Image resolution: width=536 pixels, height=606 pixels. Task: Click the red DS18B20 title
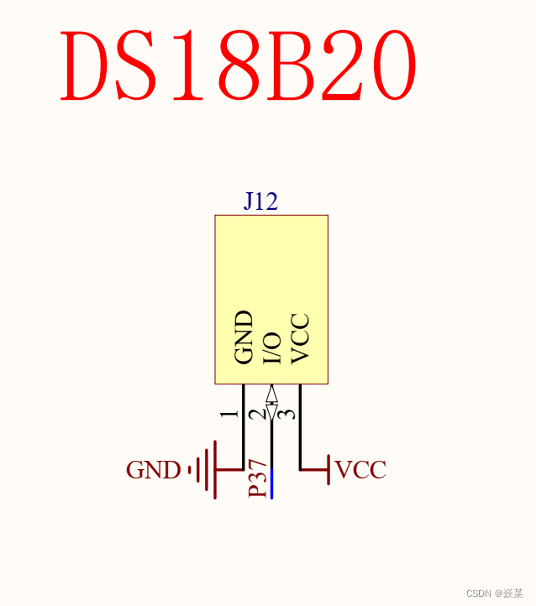click(x=239, y=67)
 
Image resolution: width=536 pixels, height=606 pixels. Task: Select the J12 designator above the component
click(x=260, y=201)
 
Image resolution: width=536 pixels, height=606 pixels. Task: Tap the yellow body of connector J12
click(x=271, y=269)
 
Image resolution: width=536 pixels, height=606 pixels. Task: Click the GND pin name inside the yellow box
click(x=244, y=337)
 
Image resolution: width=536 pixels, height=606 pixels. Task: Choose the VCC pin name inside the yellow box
click(x=300, y=338)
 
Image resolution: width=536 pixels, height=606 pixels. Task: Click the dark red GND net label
click(x=153, y=470)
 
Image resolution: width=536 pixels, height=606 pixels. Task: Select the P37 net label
click(x=260, y=479)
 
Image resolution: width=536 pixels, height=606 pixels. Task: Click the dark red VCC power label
click(x=360, y=470)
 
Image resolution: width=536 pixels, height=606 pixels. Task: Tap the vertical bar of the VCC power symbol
click(x=327, y=469)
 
